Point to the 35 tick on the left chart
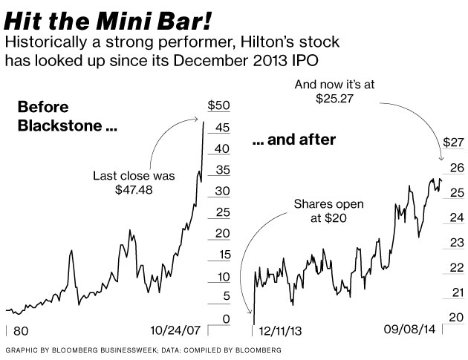click(221, 170)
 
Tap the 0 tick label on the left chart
click(225, 318)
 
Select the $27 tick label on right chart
click(452, 141)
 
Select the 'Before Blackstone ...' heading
click(67, 117)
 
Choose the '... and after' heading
click(294, 139)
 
